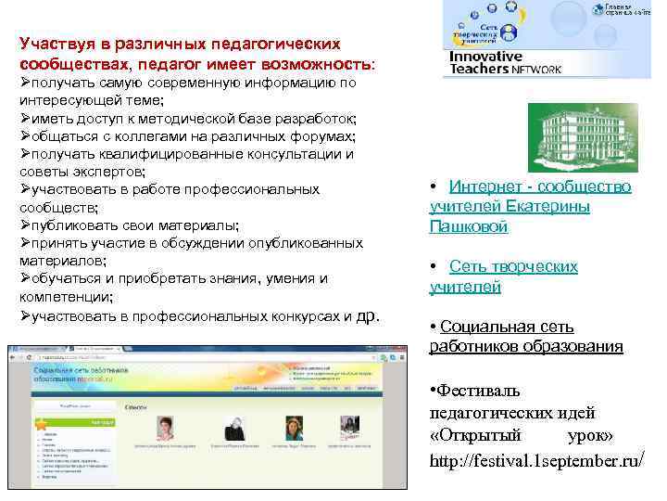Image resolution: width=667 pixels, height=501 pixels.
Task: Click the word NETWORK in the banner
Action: coord(531,69)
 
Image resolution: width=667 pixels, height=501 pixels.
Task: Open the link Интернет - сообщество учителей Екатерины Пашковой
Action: coord(530,206)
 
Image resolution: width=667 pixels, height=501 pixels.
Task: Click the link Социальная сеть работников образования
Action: coord(526,337)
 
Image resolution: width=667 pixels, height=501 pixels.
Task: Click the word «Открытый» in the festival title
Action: coord(468,435)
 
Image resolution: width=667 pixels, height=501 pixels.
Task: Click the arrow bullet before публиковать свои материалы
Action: coord(25,225)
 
